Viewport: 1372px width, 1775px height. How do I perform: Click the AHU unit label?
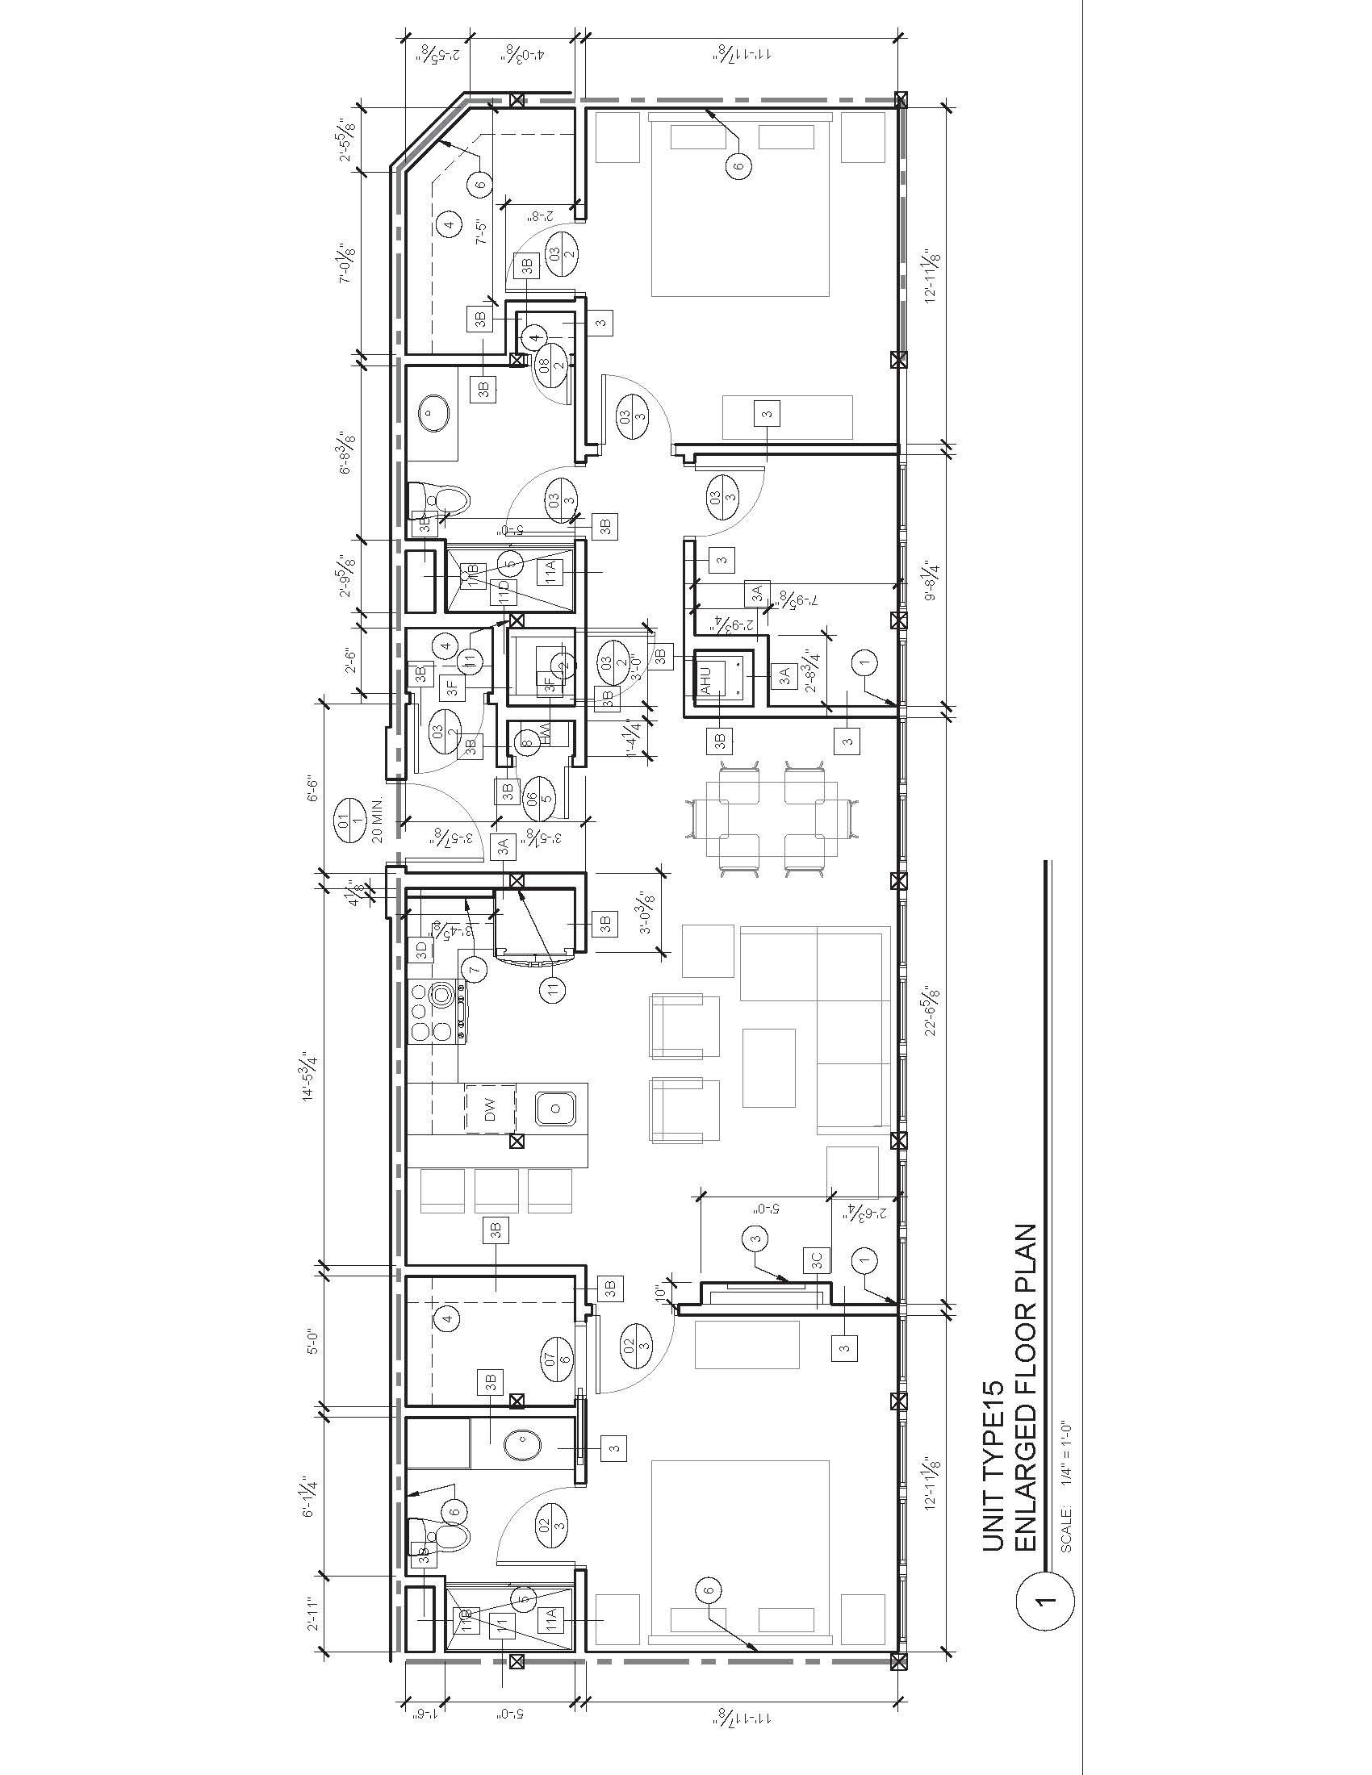[705, 679]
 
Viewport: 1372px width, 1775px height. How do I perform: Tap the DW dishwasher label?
[489, 1113]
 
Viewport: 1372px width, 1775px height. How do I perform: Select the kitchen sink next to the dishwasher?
[557, 1108]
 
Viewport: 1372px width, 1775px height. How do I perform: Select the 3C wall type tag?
[816, 1259]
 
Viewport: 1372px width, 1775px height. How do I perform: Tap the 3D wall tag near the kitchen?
[421, 948]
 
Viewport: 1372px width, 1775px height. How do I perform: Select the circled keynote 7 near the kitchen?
[475, 967]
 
